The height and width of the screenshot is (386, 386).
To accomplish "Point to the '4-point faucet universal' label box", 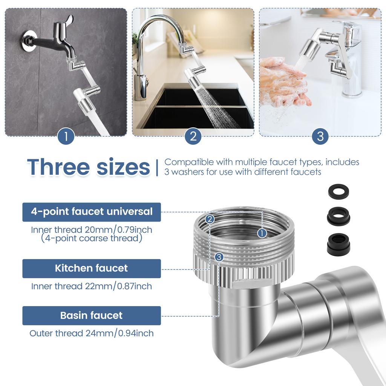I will click(92, 212).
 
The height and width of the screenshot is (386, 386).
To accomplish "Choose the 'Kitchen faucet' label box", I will click(92, 268).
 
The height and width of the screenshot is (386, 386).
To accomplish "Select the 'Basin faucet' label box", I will click(92, 316).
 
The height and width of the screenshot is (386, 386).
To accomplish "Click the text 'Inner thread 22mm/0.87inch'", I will click(92, 286).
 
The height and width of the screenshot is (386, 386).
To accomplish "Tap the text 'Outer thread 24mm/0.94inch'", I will click(92, 333).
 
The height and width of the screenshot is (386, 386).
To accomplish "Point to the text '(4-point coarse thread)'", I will click(92, 238).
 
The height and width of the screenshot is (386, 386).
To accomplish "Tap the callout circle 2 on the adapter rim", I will click(210, 219).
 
